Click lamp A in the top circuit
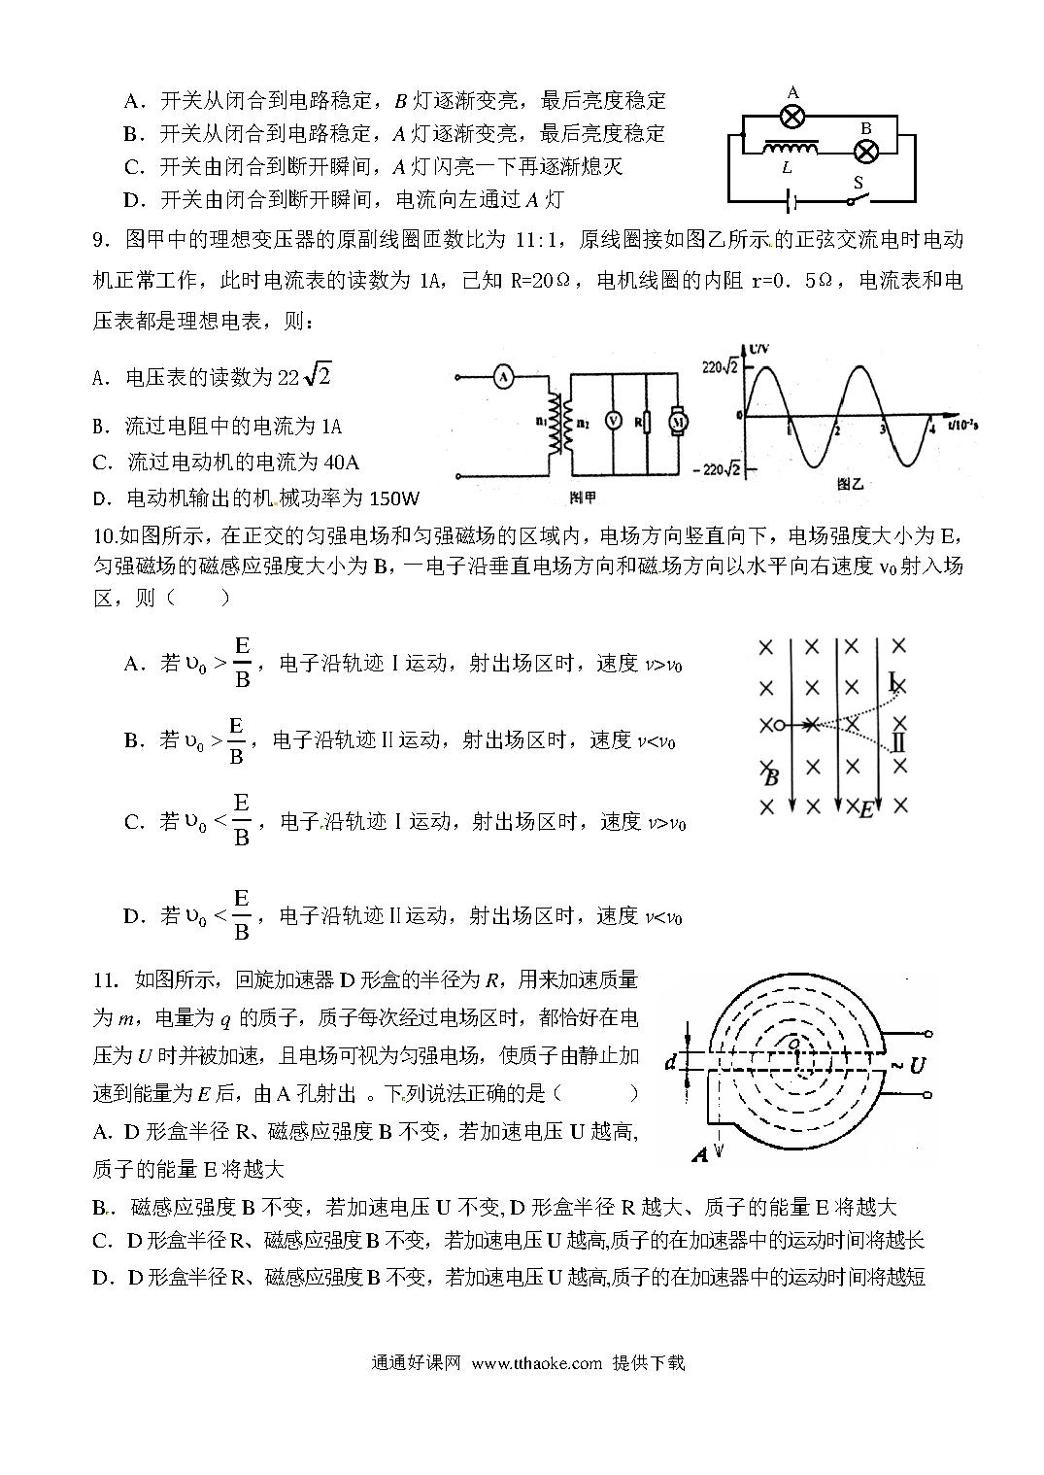792,116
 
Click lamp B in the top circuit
865,151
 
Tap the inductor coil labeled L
790,149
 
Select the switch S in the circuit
856,197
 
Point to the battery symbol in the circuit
793,202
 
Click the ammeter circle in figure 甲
502,377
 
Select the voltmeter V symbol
613,420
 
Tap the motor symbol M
678,421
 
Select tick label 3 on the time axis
882,428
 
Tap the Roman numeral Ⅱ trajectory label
897,744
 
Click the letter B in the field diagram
772,776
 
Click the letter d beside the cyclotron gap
670,1062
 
